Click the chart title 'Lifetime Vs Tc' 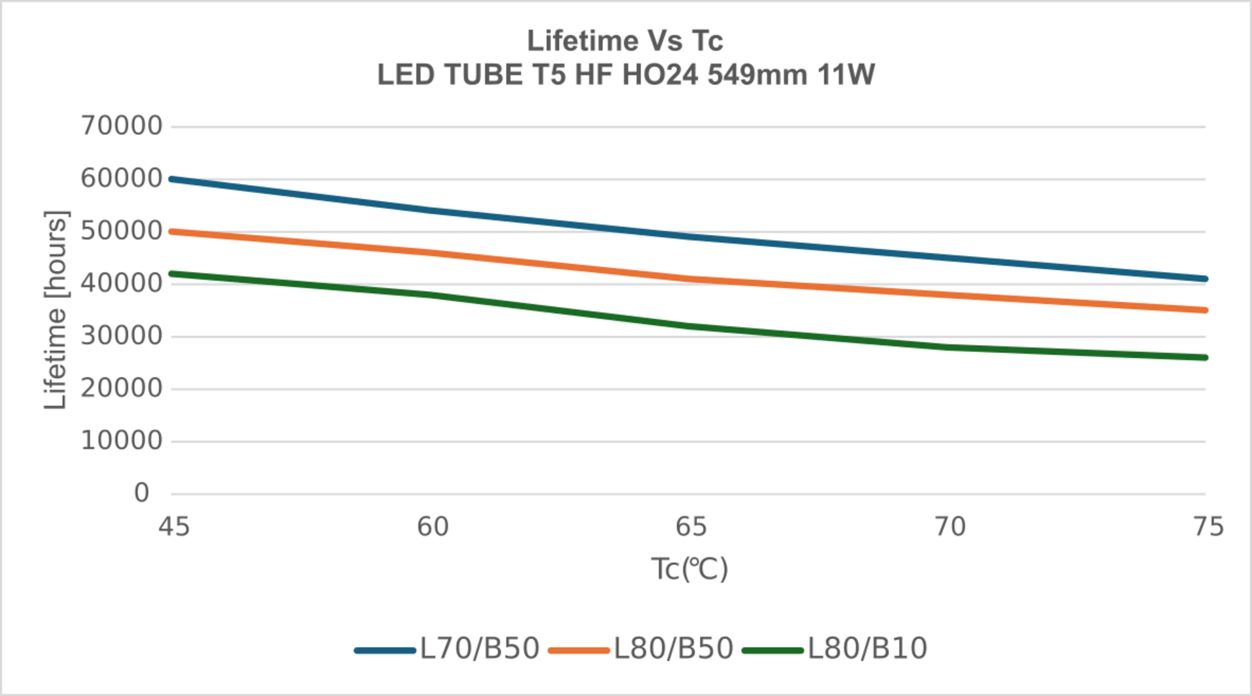click(625, 40)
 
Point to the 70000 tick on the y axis click(121, 126)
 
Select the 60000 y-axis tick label click(121, 179)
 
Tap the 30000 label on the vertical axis click(121, 336)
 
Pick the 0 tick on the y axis click(141, 493)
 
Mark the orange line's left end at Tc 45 click(172, 232)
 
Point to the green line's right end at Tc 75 click(1205, 358)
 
